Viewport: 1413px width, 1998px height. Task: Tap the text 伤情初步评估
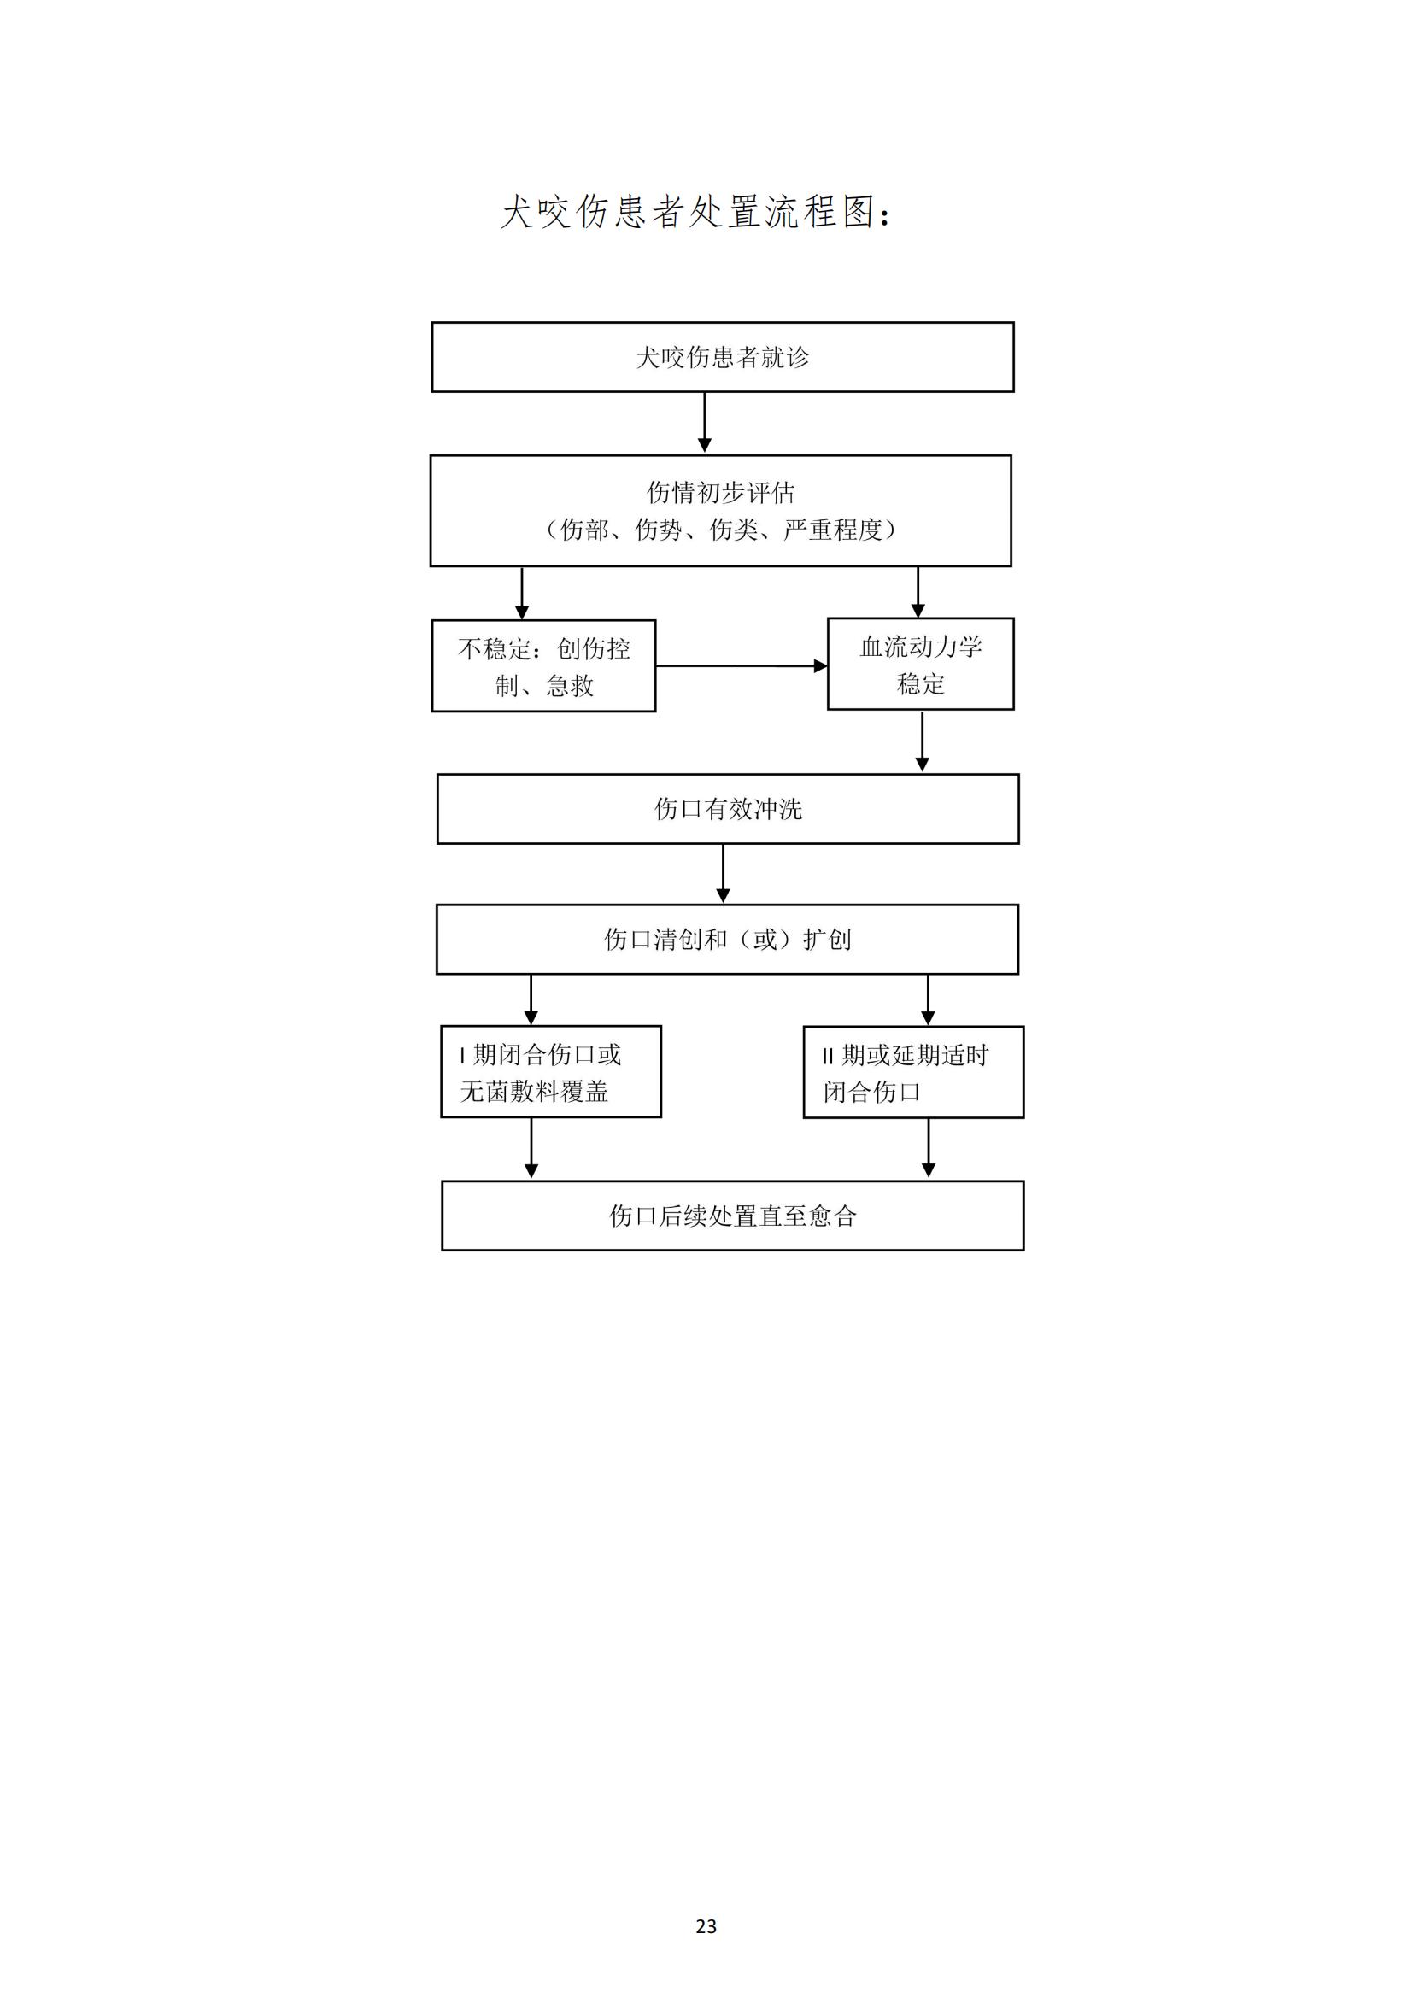[720, 493]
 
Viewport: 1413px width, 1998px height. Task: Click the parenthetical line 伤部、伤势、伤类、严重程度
[720, 529]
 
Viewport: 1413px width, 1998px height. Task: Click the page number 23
[706, 1926]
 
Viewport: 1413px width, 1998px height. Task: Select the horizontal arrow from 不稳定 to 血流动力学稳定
[742, 665]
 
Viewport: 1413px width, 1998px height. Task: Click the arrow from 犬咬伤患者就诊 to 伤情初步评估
[705, 423]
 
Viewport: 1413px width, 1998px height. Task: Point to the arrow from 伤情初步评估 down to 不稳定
[522, 594]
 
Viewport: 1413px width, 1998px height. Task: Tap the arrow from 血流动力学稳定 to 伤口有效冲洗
[923, 741]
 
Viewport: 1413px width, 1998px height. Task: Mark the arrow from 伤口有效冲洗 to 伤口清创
[723, 874]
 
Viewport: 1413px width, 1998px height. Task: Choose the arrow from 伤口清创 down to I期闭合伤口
[531, 1000]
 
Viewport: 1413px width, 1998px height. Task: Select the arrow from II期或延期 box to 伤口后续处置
[929, 1149]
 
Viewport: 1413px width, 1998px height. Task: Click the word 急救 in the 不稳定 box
[570, 686]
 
